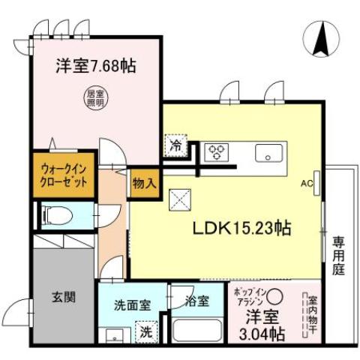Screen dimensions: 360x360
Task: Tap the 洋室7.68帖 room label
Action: coord(94,65)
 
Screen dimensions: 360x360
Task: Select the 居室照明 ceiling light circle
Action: coord(94,97)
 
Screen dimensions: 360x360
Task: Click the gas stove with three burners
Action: coord(217,152)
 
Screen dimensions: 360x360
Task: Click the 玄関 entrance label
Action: coord(63,296)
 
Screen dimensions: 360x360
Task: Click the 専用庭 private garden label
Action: coord(339,255)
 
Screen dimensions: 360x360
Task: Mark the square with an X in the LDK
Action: coord(181,199)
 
